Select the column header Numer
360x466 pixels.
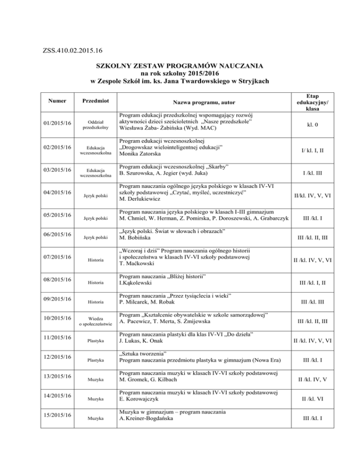click(x=52, y=100)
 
